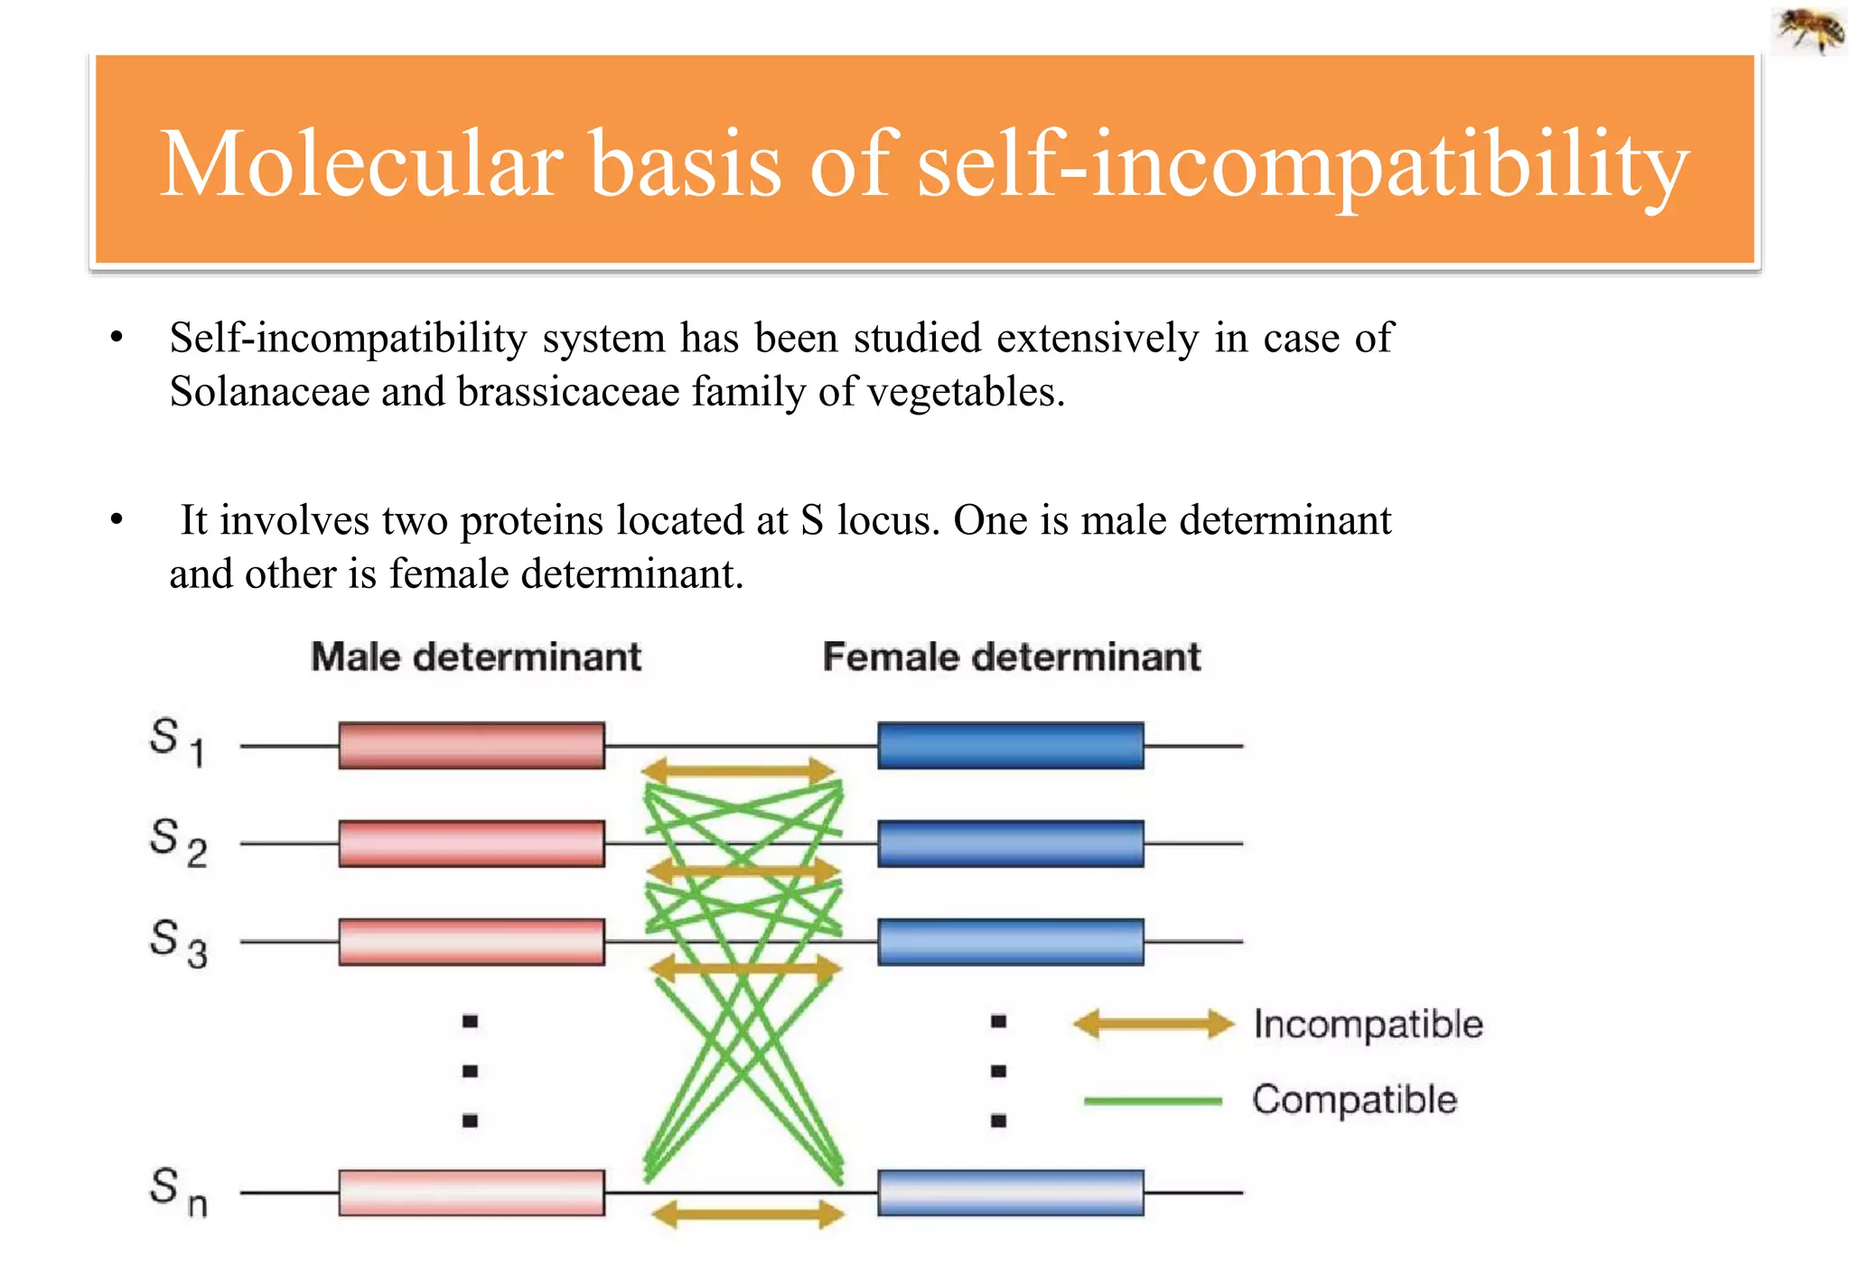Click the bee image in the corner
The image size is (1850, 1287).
[1809, 29]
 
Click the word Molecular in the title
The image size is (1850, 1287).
[361, 164]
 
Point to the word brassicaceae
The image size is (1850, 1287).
[568, 393]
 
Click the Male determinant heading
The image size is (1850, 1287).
[476, 657]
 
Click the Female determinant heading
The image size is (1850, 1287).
[1011, 657]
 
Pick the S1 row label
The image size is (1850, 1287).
[177, 741]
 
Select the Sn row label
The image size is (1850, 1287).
[177, 1191]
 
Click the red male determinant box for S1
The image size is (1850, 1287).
[472, 745]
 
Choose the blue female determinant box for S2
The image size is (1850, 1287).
[1010, 844]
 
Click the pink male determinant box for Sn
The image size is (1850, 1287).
[472, 1192]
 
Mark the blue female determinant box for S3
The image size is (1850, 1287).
[1010, 942]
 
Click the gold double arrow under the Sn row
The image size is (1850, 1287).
[747, 1214]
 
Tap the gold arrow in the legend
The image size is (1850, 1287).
[1153, 1024]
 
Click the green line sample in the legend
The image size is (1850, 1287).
[1153, 1101]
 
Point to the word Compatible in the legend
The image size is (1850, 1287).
[1354, 1100]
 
